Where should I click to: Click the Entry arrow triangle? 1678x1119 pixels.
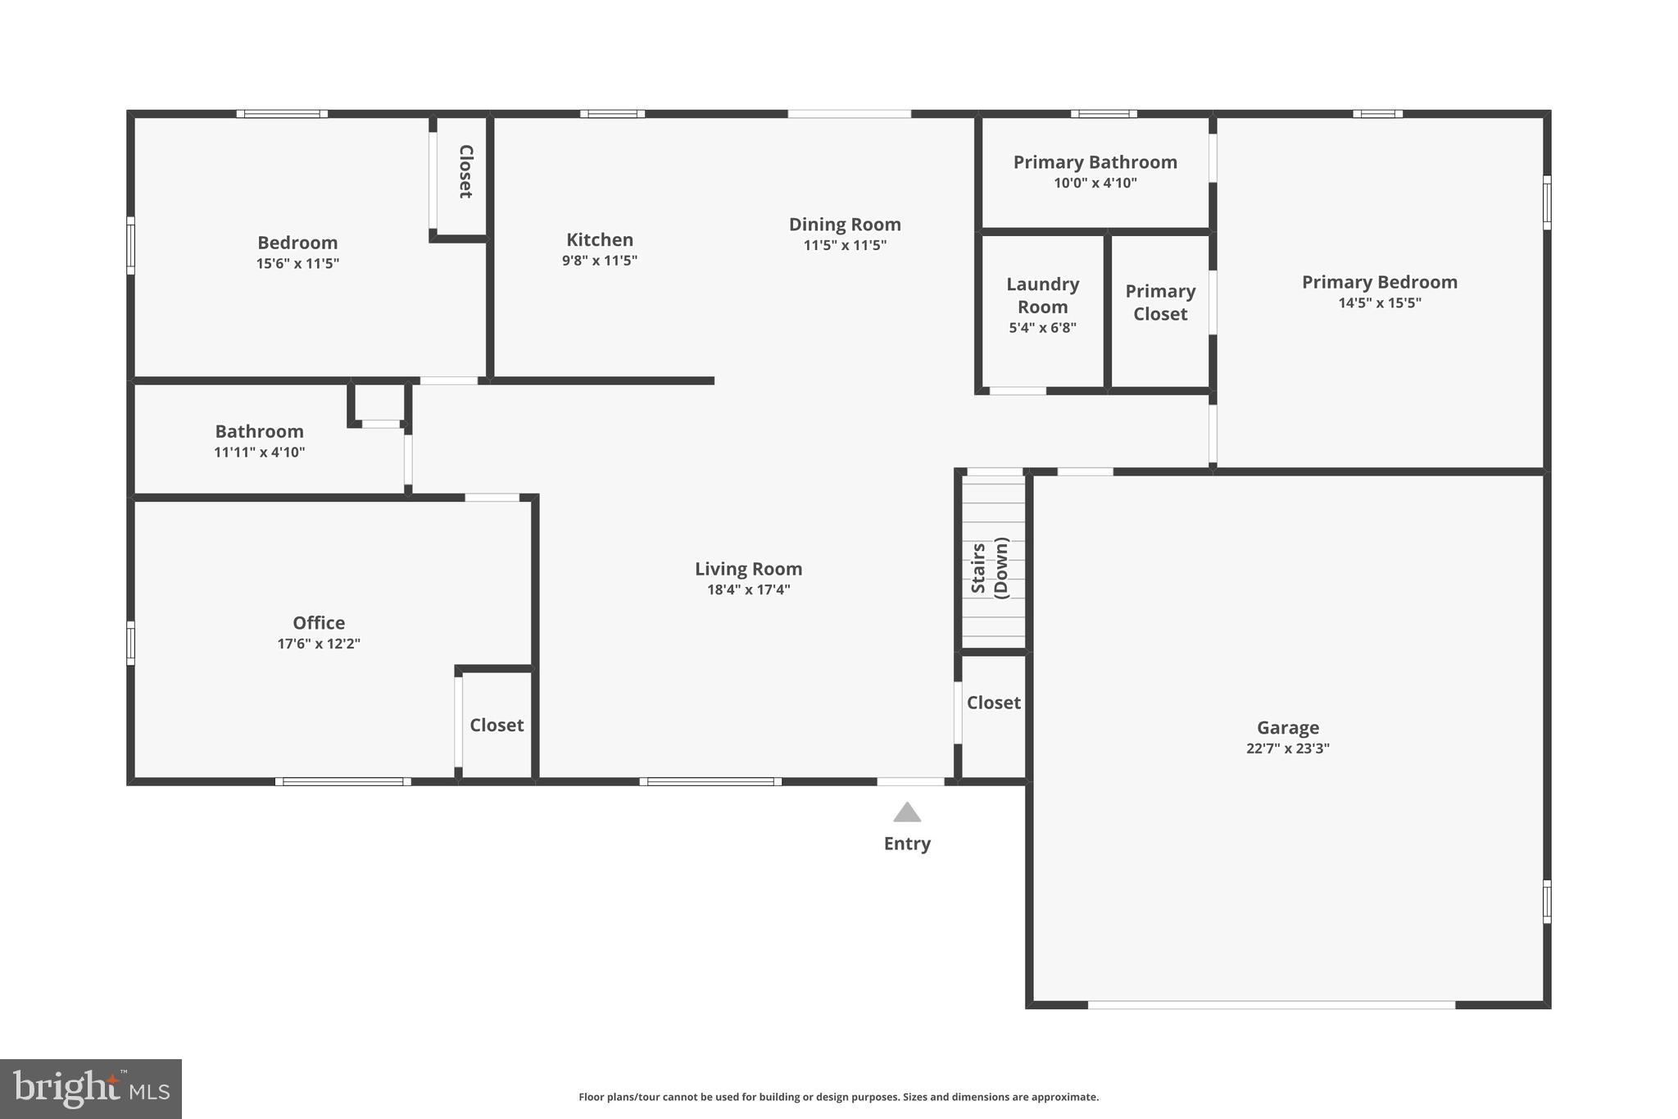907,812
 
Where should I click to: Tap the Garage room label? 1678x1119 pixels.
1288,727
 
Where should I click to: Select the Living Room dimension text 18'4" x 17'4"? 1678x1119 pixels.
749,589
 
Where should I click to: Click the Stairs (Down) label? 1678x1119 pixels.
990,568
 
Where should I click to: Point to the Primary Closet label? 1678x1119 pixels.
1160,302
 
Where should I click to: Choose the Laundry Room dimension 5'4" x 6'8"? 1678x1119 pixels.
1042,328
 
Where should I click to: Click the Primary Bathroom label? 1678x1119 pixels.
1095,162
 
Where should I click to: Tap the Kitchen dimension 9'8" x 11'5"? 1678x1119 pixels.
600,261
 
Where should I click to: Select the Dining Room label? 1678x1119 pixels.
845,224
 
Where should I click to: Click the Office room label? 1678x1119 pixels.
319,623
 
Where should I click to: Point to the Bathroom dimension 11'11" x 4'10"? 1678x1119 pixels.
260,452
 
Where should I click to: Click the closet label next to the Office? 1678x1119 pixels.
497,725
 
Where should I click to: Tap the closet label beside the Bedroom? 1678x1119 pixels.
465,171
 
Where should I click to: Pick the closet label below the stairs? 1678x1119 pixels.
994,703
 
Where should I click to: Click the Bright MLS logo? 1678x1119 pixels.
91,1089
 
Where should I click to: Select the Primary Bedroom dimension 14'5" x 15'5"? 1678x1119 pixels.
1380,302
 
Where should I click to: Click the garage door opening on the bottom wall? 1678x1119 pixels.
1272,1004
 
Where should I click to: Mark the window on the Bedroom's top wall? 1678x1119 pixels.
283,114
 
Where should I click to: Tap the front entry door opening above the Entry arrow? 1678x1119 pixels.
911,781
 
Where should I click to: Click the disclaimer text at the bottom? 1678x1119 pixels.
839,1097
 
